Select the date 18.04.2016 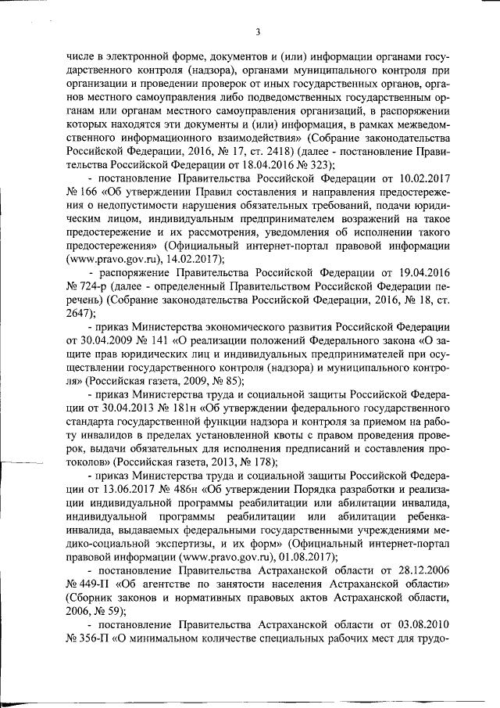click(x=263, y=164)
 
